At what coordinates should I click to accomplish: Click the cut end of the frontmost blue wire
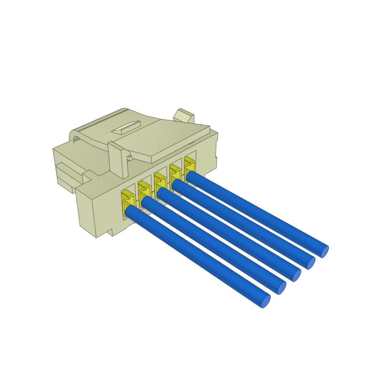pyautogui.click(x=265, y=301)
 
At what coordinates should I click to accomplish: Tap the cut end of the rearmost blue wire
pyautogui.click(x=324, y=251)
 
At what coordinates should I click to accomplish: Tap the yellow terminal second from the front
pyautogui.click(x=143, y=189)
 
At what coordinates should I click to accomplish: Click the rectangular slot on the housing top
pyautogui.click(x=125, y=127)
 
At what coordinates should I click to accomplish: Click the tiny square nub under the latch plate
pyautogui.click(x=129, y=158)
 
